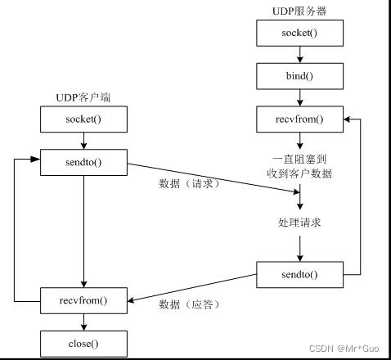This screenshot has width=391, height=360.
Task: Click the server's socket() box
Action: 301,34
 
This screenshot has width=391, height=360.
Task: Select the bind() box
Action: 301,77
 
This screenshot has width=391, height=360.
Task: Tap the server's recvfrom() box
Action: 301,120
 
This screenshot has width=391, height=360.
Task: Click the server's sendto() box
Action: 301,274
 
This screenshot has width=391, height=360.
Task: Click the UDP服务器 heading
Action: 301,11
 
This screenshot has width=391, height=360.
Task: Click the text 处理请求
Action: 301,222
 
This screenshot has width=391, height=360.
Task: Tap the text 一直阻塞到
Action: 301,159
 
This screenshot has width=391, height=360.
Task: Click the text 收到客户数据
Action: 301,173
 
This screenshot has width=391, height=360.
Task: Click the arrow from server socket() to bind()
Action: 301,55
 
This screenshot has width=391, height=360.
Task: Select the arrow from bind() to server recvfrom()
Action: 301,98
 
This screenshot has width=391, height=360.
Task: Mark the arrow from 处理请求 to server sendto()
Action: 301,247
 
